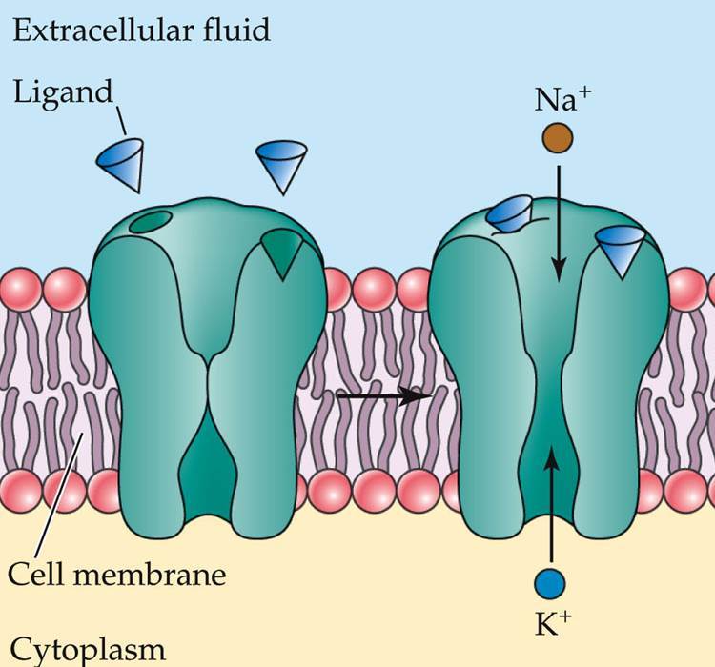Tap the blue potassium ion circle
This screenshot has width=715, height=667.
coord(550,580)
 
